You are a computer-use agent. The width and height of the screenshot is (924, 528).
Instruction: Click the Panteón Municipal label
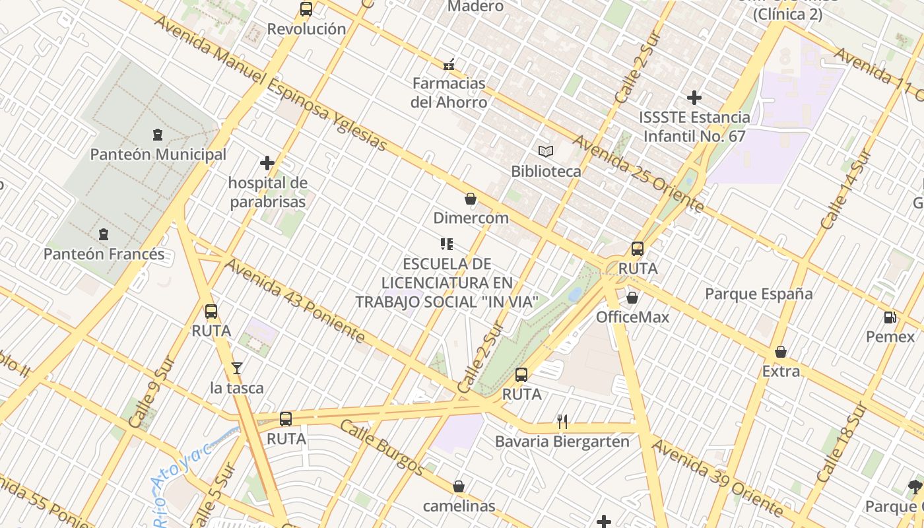click(158, 154)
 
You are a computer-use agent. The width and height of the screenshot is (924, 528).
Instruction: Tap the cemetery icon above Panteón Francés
click(103, 234)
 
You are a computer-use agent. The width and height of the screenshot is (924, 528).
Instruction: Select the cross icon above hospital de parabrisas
click(267, 162)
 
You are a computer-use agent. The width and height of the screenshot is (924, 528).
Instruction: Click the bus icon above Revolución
click(306, 9)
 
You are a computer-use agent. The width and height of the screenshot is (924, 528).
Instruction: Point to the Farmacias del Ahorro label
click(449, 92)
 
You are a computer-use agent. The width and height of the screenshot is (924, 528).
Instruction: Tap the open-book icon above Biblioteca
click(546, 151)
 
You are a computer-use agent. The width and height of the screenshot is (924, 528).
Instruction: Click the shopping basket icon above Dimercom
click(471, 198)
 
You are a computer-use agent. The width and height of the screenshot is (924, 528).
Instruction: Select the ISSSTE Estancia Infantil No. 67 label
click(694, 127)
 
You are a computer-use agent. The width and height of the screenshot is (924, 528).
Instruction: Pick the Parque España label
click(759, 294)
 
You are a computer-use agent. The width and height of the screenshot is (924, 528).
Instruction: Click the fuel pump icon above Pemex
click(890, 317)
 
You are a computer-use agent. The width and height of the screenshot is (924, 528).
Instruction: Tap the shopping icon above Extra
click(781, 352)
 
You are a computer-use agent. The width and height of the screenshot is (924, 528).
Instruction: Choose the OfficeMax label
click(632, 317)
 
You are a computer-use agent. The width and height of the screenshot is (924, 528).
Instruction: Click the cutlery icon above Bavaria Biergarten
click(562, 421)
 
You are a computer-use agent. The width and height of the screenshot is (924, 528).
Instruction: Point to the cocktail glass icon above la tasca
click(237, 368)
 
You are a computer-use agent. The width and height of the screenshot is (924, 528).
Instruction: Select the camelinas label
click(459, 506)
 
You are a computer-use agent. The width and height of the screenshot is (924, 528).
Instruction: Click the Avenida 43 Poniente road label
click(295, 301)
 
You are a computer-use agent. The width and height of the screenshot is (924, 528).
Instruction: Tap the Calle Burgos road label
click(382, 447)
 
